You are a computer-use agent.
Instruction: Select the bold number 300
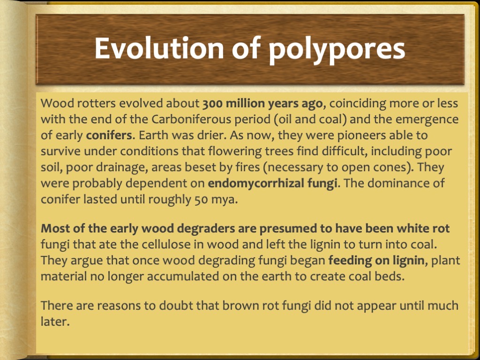coord(213,104)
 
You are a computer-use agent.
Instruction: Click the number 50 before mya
coord(199,199)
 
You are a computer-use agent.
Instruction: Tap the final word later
coord(55,322)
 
